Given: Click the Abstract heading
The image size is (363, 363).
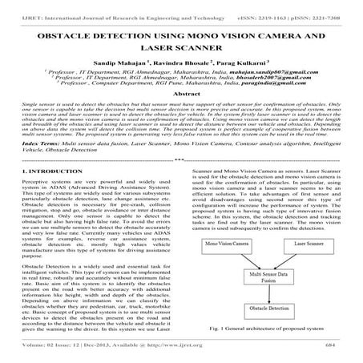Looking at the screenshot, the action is point(181,115).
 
